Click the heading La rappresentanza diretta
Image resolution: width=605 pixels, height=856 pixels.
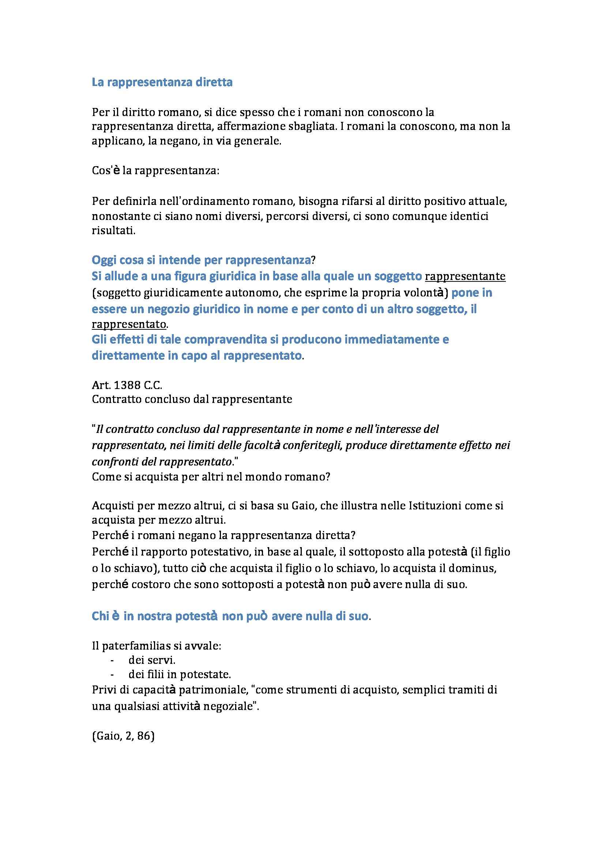162,82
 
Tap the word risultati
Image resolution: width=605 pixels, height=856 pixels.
113,231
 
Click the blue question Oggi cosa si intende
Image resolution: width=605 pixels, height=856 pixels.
201,260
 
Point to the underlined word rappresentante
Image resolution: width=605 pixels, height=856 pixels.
465,276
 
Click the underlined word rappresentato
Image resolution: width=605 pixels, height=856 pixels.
129,324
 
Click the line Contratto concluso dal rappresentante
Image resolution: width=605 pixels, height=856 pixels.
192,399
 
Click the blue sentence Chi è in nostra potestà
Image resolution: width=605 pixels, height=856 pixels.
230,616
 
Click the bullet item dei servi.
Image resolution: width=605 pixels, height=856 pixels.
152,660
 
